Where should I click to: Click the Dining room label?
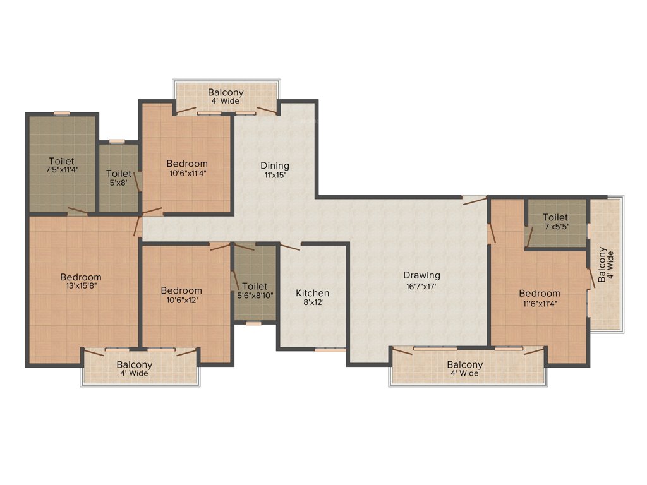click(x=274, y=165)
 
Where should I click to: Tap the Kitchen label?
click(x=313, y=293)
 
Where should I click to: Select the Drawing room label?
click(x=422, y=275)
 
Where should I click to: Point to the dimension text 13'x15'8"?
click(x=81, y=285)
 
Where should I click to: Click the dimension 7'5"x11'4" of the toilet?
click(x=61, y=169)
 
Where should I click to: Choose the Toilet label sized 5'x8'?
click(x=119, y=173)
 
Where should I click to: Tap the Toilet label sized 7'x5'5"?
click(x=555, y=217)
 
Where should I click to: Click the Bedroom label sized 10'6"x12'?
click(x=181, y=290)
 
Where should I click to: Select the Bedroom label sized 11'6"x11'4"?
click(x=540, y=293)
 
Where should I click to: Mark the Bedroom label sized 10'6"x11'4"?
click(x=188, y=164)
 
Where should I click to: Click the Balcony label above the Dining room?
click(x=226, y=92)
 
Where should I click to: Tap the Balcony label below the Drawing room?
click(x=464, y=364)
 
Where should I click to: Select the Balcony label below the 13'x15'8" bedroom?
click(x=134, y=364)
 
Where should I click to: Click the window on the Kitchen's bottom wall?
click(x=330, y=349)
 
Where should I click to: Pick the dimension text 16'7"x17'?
click(x=422, y=285)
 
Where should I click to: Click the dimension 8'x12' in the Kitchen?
click(x=313, y=303)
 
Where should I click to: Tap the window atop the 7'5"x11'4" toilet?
click(x=61, y=114)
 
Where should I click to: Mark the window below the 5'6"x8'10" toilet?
click(x=253, y=323)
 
